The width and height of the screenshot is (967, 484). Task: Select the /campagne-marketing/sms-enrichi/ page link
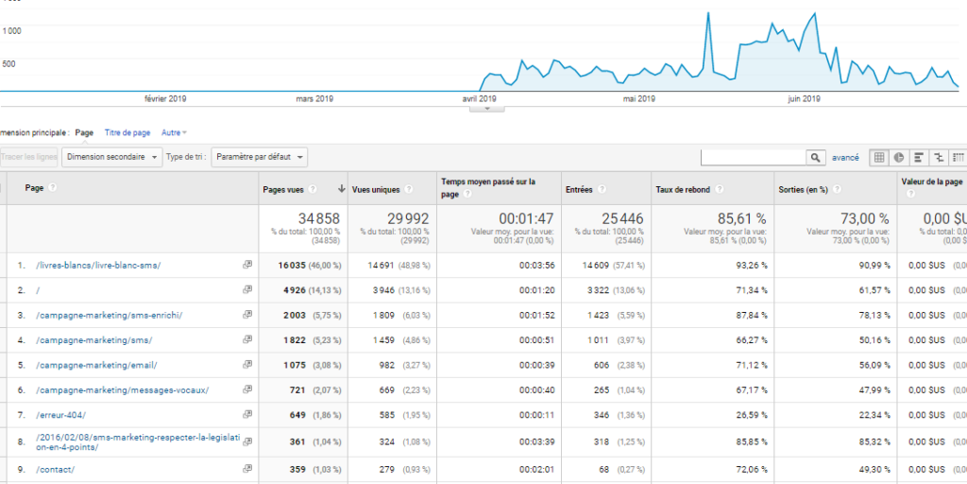[109, 315]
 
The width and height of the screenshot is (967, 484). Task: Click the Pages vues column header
[282, 189]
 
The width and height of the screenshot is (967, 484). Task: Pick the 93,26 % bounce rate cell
[751, 265]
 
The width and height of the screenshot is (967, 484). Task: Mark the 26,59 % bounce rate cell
[751, 414]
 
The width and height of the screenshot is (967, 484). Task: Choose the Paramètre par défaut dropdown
[260, 157]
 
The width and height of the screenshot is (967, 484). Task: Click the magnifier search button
[816, 157]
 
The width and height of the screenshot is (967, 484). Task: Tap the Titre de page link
[127, 133]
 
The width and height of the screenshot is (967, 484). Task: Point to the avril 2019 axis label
[480, 98]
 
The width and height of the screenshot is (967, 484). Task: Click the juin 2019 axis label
[804, 98]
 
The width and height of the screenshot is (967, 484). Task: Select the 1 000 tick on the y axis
[11, 30]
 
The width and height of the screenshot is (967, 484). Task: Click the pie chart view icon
[899, 157]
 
